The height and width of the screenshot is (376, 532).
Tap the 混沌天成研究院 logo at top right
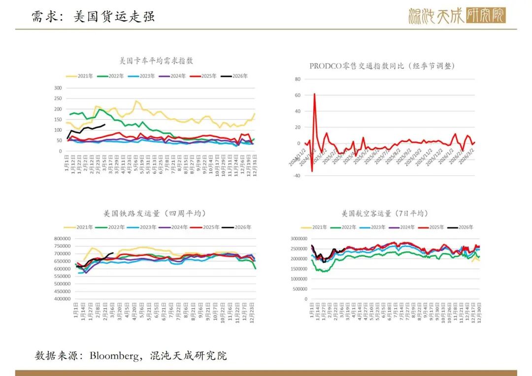pyautogui.click(x=457, y=16)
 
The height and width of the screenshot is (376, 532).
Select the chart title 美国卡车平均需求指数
pyautogui.click(x=156, y=61)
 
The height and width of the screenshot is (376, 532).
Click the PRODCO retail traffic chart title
pyautogui.click(x=382, y=65)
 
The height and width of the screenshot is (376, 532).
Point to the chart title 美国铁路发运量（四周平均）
pyautogui.click(x=155, y=214)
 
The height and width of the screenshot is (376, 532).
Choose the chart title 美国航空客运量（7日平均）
pyautogui.click(x=385, y=214)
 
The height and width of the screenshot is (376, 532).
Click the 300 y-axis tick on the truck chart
pyautogui.click(x=58, y=88)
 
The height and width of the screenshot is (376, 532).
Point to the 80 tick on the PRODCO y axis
pyautogui.click(x=298, y=79)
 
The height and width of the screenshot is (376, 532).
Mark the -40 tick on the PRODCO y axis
pyautogui.click(x=297, y=176)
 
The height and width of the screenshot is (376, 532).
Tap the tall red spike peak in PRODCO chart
pyautogui.click(x=314, y=94)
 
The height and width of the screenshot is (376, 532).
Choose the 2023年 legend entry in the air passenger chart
pyautogui.click(x=377, y=227)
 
